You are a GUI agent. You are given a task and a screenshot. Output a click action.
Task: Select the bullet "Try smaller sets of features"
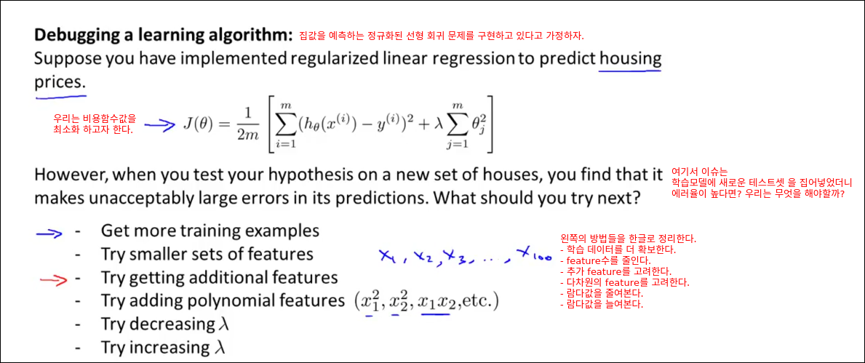tap(207, 255)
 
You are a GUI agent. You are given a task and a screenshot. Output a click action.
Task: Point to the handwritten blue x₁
tap(387, 256)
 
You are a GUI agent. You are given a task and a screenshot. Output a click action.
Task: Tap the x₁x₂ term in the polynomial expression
tap(435, 303)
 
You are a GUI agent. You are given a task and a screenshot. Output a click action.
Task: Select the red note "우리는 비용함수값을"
tap(93, 119)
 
